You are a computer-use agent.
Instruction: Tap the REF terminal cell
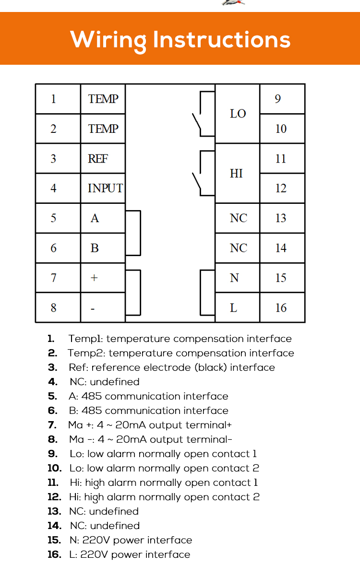point(103,158)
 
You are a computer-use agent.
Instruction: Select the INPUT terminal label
point(105,188)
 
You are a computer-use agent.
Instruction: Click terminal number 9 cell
point(282,99)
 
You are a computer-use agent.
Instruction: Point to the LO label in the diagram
point(238,114)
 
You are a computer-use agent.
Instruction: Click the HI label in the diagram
point(236,173)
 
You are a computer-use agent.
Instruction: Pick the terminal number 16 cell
point(282,307)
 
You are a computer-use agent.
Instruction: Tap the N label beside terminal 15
point(234,278)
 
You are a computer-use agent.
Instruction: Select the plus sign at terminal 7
point(94,278)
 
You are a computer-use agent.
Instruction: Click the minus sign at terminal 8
point(93,308)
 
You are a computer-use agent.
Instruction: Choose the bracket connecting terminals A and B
point(141,233)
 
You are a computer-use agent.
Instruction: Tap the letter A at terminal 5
point(95,218)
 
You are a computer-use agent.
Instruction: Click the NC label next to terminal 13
point(239,218)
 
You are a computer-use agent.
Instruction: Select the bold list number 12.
point(54,497)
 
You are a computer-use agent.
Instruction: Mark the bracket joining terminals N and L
point(201,293)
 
